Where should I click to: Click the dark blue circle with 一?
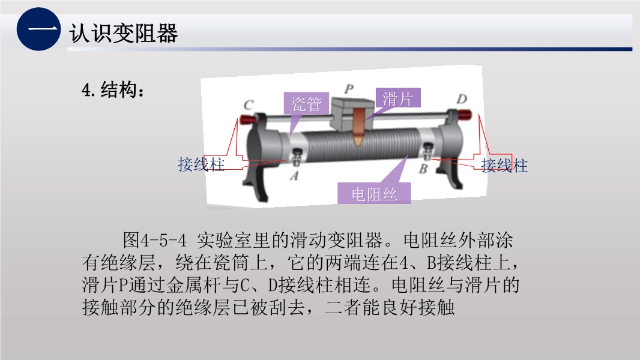click(39, 29)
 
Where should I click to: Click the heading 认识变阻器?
click(124, 33)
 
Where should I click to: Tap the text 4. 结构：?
click(113, 89)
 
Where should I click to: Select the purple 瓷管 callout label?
click(307, 104)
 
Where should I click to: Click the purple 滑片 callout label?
click(397, 98)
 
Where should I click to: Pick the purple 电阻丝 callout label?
click(374, 194)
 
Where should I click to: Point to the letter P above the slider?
click(349, 88)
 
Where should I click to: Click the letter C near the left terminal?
click(248, 105)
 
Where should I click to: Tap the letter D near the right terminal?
click(461, 99)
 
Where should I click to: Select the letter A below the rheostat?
click(294, 175)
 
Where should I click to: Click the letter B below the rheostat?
click(423, 168)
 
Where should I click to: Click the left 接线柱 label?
click(201, 164)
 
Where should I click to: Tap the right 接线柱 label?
click(504, 165)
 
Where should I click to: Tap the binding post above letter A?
click(297, 157)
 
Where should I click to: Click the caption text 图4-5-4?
click(155, 240)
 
